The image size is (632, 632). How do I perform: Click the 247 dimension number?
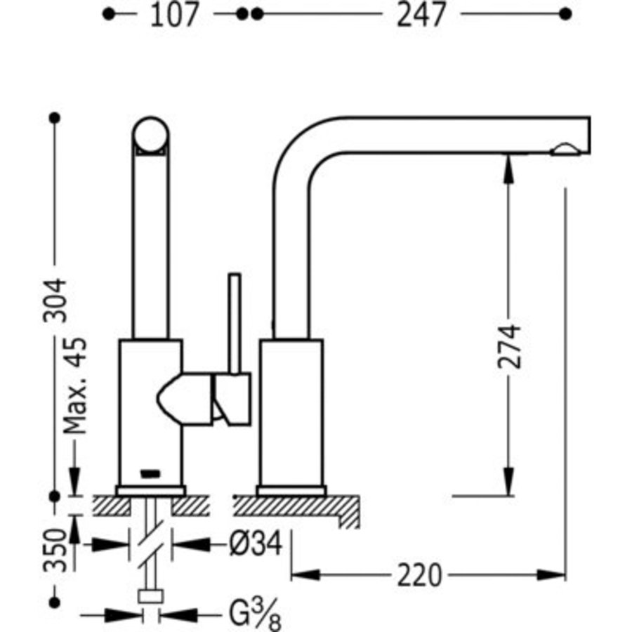point(421,15)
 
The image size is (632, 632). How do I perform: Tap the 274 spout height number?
point(509,346)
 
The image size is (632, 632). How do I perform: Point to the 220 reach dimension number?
point(420,576)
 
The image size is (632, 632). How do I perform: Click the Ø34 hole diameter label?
point(256,544)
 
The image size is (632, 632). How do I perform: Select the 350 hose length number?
point(55,550)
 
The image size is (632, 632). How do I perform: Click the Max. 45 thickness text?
point(75,386)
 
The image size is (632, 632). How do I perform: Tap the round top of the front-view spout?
point(151,136)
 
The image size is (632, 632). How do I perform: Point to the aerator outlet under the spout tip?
point(566,150)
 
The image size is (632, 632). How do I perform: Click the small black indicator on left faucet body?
point(150,473)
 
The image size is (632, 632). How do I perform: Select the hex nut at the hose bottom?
point(151,596)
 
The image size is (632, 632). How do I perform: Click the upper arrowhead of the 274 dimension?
point(508,170)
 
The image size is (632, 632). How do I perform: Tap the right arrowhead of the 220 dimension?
point(551,575)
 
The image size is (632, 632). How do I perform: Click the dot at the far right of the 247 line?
point(565,14)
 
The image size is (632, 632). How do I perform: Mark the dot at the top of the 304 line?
point(55,118)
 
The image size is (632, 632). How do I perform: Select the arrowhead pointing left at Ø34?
point(192,545)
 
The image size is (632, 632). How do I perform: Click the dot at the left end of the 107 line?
point(108,15)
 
